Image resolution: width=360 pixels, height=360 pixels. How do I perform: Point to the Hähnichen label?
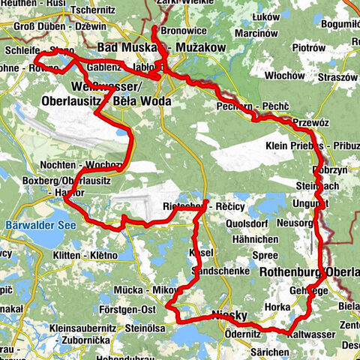click(256, 238)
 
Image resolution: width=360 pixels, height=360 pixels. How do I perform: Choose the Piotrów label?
click(310, 47)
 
